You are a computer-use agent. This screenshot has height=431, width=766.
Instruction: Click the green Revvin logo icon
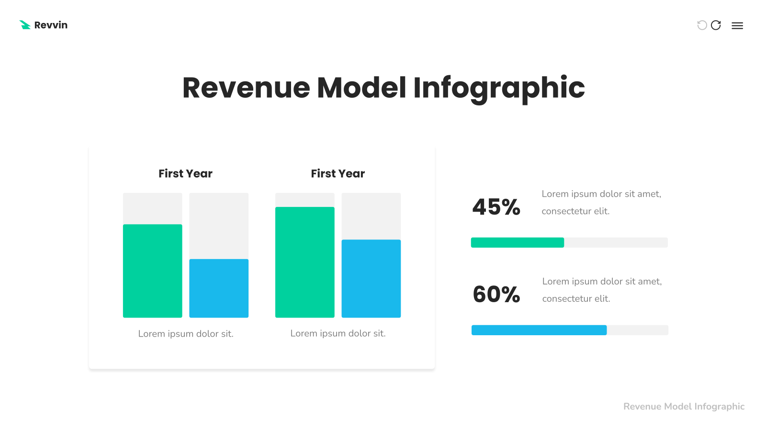click(x=25, y=25)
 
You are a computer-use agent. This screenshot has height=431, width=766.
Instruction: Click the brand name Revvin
click(x=51, y=25)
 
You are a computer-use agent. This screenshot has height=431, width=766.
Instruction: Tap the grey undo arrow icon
click(x=702, y=25)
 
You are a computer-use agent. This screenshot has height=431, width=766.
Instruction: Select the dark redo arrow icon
click(x=716, y=25)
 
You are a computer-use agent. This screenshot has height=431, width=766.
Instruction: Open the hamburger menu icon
click(x=737, y=26)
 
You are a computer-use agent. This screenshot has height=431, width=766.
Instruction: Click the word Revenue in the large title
click(x=246, y=88)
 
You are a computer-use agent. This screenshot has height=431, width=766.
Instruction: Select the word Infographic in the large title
click(x=499, y=89)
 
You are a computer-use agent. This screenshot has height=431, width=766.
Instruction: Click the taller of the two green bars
click(x=304, y=262)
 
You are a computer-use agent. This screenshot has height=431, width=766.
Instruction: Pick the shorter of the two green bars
click(x=153, y=271)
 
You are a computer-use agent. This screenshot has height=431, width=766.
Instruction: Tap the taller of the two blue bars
click(x=371, y=279)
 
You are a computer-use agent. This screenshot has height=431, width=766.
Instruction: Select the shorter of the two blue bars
click(x=219, y=288)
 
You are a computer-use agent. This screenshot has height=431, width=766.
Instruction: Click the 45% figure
click(x=496, y=207)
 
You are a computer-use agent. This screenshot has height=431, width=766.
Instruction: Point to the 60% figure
click(x=496, y=294)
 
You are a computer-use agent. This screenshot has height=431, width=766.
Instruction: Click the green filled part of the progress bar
click(x=518, y=242)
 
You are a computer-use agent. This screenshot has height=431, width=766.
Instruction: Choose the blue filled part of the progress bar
click(x=539, y=330)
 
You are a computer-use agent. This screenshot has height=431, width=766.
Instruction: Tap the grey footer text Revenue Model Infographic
click(x=684, y=407)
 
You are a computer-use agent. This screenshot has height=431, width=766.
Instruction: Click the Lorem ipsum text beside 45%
click(x=601, y=203)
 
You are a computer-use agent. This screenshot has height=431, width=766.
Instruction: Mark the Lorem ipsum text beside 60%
click(x=602, y=290)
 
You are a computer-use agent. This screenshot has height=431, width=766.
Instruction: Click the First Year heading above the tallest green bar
click(x=338, y=173)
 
